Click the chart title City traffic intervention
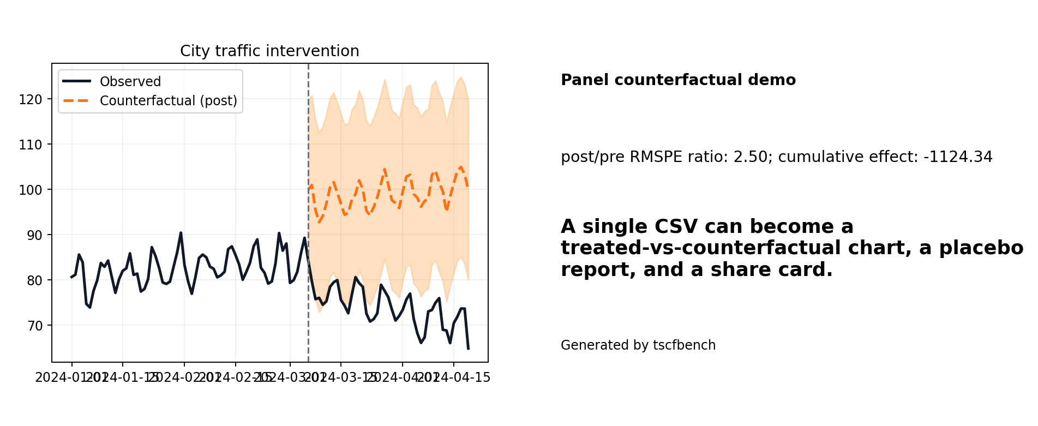click(x=269, y=51)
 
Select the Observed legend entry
click(x=130, y=82)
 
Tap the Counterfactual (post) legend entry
click(x=168, y=101)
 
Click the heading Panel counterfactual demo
click(x=678, y=80)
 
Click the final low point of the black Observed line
click(x=468, y=349)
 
